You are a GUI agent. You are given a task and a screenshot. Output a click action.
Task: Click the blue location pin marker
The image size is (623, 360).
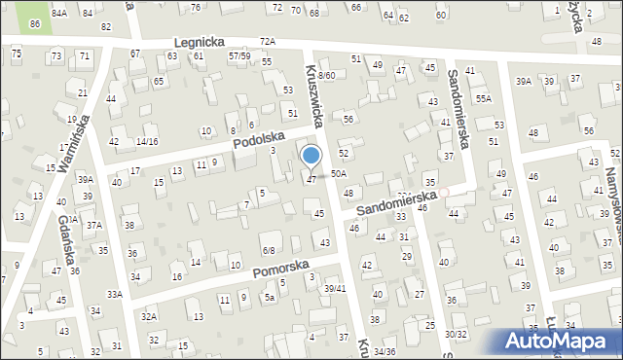(x=311, y=157)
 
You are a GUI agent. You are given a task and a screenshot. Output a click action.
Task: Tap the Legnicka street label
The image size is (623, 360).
(x=200, y=43)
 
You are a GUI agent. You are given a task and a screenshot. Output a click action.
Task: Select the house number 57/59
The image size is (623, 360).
(x=239, y=56)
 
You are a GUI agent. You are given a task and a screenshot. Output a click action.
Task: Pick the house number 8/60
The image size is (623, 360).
(x=326, y=75)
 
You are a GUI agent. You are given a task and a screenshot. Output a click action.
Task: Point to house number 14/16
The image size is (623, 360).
(x=147, y=141)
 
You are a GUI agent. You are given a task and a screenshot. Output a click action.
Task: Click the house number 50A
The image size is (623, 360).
(x=338, y=173)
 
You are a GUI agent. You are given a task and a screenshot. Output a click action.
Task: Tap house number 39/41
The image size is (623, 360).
(x=335, y=289)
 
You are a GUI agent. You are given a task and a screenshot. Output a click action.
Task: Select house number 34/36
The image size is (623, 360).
(x=384, y=351)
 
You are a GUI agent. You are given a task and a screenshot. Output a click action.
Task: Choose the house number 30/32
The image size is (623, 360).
(x=456, y=334)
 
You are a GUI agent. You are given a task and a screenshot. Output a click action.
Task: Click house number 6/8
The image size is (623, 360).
(x=269, y=250)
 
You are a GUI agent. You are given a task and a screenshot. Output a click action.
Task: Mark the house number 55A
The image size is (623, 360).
(x=484, y=99)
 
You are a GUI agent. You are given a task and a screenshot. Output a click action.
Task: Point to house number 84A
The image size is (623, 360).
(x=59, y=13)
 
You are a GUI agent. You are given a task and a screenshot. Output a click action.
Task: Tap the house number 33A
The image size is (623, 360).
(x=114, y=294)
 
